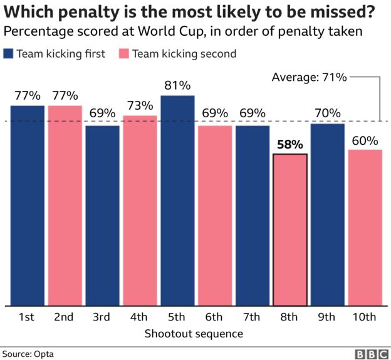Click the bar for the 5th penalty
[x=177, y=201]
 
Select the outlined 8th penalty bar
[x=290, y=230]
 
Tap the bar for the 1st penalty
[x=28, y=206]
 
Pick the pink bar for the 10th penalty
[x=365, y=228]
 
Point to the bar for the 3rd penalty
[x=103, y=216]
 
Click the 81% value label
[x=177, y=85]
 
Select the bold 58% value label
[x=290, y=144]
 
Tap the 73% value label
[x=140, y=105]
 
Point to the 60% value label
[x=365, y=141]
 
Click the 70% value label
[x=328, y=113]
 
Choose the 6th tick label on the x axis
[x=214, y=317]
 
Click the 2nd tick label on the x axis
[x=64, y=317]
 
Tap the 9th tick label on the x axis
[x=326, y=317]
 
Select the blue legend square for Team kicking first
[x=8, y=54]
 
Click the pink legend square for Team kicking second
[x=124, y=54]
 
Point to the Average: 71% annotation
[x=309, y=77]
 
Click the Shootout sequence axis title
[x=194, y=334]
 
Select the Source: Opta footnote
[x=28, y=354]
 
